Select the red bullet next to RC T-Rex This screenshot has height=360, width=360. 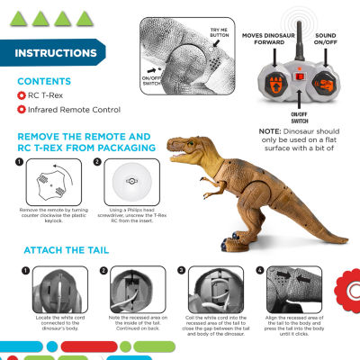22,97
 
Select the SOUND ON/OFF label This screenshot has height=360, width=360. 332,40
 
